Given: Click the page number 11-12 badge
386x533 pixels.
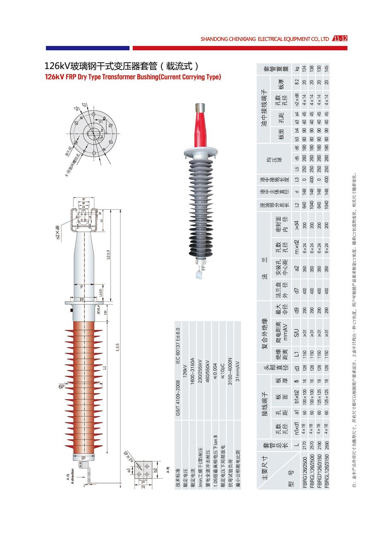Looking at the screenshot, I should tap(340, 39).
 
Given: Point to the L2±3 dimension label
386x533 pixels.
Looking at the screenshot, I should tap(109, 256).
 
